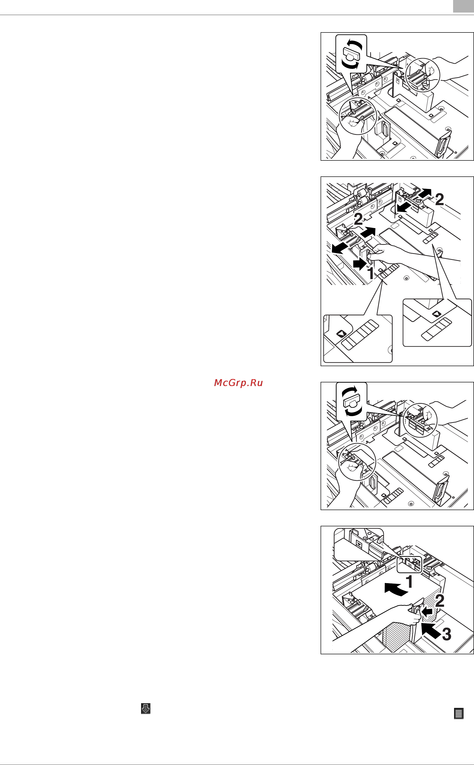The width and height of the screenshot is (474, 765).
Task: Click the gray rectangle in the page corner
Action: click(x=463, y=6)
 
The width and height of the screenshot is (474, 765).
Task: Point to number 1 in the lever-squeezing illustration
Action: click(x=370, y=273)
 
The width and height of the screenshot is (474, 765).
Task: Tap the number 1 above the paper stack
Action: click(x=409, y=581)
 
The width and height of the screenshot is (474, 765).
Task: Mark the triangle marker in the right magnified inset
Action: click(x=436, y=314)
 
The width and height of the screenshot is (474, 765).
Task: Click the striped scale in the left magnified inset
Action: click(x=360, y=335)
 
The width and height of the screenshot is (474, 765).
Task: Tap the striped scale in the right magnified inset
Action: click(x=436, y=329)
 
